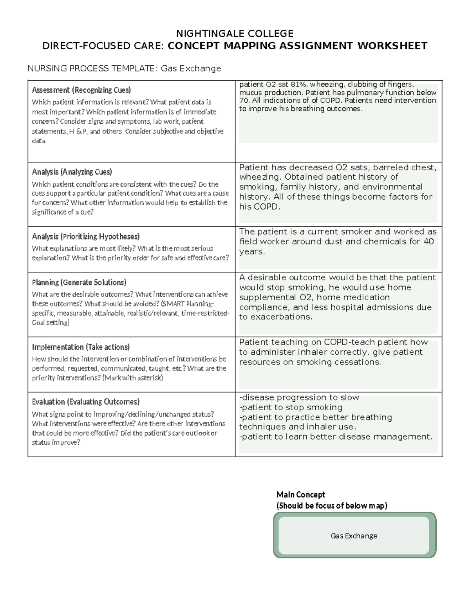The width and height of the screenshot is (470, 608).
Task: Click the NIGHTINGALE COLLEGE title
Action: pyautogui.click(x=235, y=33)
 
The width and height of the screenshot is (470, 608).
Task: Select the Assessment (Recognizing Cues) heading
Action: pyautogui.click(x=81, y=90)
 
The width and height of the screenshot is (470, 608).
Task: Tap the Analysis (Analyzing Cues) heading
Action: pyautogui.click(x=72, y=172)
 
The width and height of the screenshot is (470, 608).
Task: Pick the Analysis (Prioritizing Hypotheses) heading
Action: pyautogui.click(x=85, y=236)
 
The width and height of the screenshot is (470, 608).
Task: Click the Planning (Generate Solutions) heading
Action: pyautogui.click(x=79, y=282)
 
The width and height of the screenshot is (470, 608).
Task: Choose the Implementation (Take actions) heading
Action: pyautogui.click(x=81, y=347)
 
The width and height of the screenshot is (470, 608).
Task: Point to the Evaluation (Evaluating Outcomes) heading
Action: pyautogui.click(x=85, y=402)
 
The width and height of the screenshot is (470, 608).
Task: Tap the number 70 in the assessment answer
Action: pyautogui.click(x=243, y=101)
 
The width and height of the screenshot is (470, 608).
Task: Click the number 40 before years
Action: pyautogui.click(x=428, y=242)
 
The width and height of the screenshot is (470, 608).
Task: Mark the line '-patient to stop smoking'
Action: pyautogui.click(x=291, y=407)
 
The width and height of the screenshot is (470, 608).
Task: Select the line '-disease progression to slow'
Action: pyautogui.click(x=299, y=397)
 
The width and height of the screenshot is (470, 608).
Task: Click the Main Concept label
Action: pyautogui.click(x=301, y=494)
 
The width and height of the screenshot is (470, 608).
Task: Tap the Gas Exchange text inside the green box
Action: pyautogui.click(x=354, y=536)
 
